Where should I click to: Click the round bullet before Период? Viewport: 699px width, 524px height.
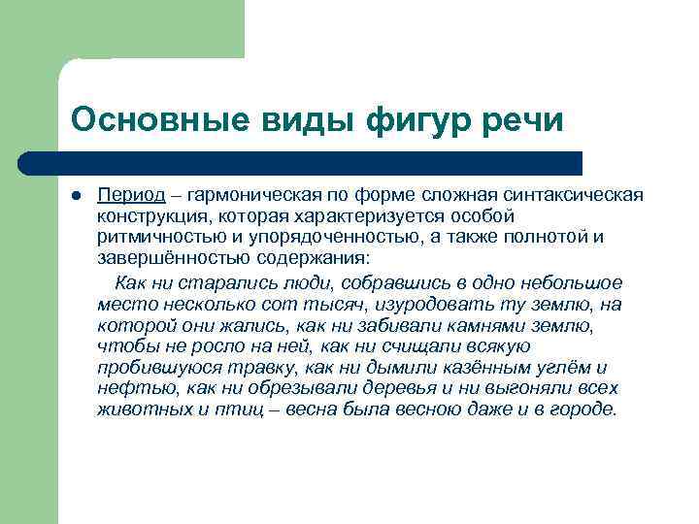tap(77, 195)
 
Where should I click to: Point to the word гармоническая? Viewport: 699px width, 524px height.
tap(242, 195)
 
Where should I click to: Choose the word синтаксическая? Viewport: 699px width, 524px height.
tap(581, 195)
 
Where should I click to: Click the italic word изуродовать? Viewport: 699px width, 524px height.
tap(403, 305)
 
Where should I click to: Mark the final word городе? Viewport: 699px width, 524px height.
tap(584, 409)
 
